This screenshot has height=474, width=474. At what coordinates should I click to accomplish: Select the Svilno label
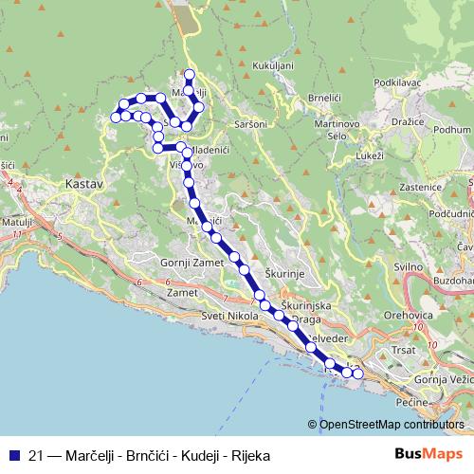tap(408, 267)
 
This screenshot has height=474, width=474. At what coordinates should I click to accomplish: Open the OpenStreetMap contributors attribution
tap(392, 424)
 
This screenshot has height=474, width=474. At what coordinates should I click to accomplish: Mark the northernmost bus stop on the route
tap(190, 74)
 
